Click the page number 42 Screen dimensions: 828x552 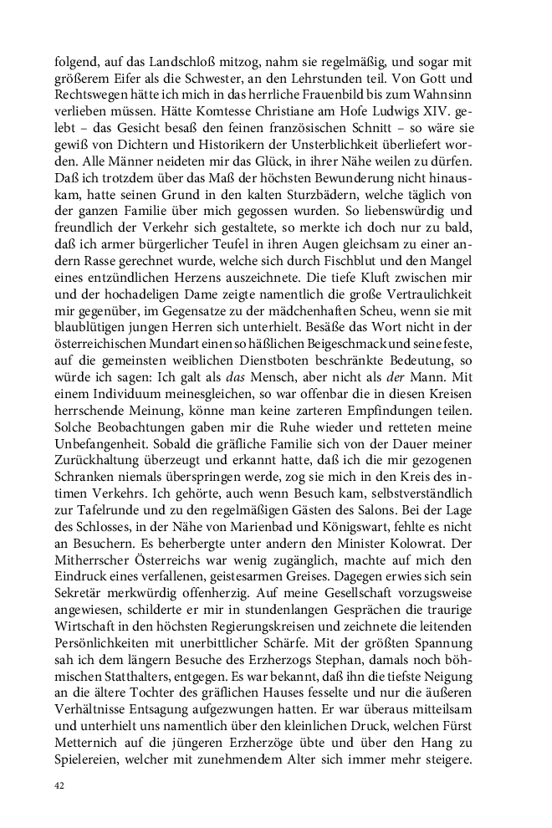point(59,787)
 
